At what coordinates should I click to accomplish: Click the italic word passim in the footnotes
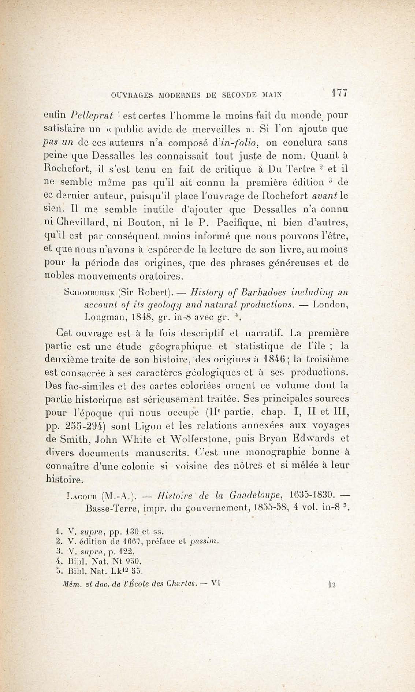203,541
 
